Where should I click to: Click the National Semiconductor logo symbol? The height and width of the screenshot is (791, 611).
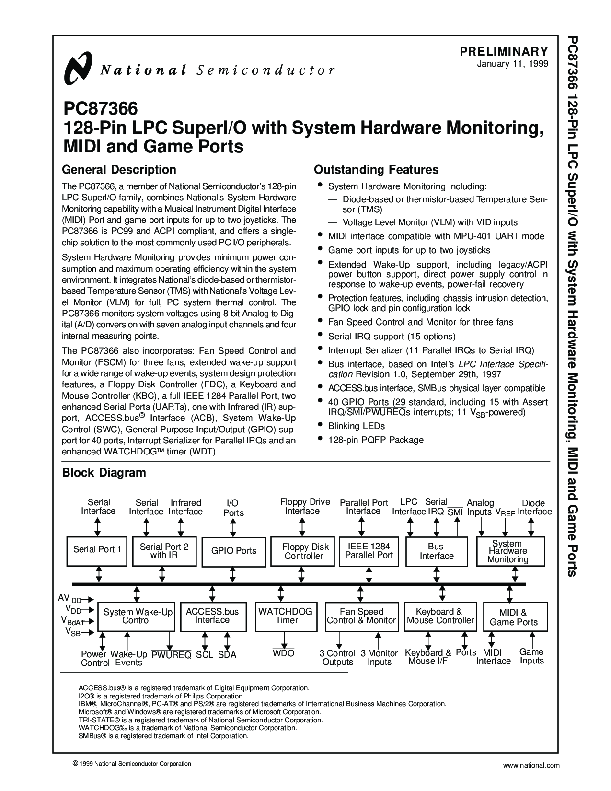(x=77, y=68)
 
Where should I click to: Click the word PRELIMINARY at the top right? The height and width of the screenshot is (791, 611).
(x=504, y=51)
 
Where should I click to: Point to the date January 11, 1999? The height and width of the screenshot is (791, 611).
(x=512, y=64)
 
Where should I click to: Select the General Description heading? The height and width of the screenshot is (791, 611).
(x=119, y=170)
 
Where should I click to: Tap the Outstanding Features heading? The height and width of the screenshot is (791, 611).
(x=376, y=170)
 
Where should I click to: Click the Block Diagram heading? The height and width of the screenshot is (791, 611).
(x=104, y=473)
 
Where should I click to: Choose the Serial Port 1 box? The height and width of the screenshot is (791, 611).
(x=97, y=551)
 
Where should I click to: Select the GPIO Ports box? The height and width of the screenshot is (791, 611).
(x=234, y=552)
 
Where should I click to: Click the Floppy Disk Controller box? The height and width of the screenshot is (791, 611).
(x=302, y=551)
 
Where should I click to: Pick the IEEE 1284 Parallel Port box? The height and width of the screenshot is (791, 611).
(x=369, y=551)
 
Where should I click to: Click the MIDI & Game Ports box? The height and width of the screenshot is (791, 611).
(x=515, y=617)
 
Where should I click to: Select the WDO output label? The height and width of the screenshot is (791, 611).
(x=284, y=653)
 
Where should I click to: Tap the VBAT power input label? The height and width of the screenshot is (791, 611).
(x=73, y=621)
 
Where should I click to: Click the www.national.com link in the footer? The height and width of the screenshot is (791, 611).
(x=531, y=766)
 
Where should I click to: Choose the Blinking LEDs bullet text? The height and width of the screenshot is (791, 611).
(x=356, y=426)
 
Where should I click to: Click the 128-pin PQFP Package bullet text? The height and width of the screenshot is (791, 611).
(x=376, y=440)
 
